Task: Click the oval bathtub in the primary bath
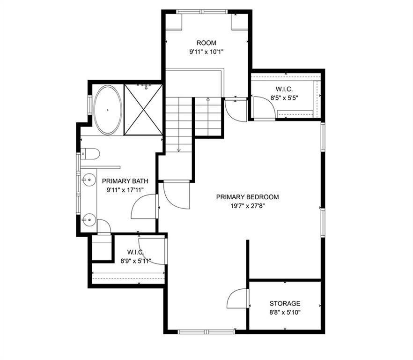pyautogui.click(x=108, y=110)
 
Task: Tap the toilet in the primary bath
pyautogui.click(x=90, y=154)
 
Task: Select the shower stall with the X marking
pyautogui.click(x=143, y=110)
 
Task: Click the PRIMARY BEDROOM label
pyautogui.click(x=247, y=197)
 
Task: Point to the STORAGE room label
pyautogui.click(x=285, y=303)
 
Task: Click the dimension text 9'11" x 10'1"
pyautogui.click(x=206, y=52)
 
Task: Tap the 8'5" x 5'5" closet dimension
pyautogui.click(x=284, y=98)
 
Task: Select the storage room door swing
pyautogui.click(x=237, y=298)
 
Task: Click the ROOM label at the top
pyautogui.click(x=206, y=43)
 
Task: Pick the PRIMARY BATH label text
pyautogui.click(x=125, y=181)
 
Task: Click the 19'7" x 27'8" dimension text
pyautogui.click(x=247, y=206)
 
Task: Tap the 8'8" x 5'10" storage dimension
pyautogui.click(x=285, y=313)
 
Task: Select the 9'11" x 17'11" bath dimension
pyautogui.click(x=125, y=190)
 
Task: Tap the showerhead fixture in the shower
pyautogui.click(x=146, y=87)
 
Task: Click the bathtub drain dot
pyautogui.click(x=108, y=110)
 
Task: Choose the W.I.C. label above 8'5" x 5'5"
pyautogui.click(x=284, y=89)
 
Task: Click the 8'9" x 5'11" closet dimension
pyautogui.click(x=136, y=261)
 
